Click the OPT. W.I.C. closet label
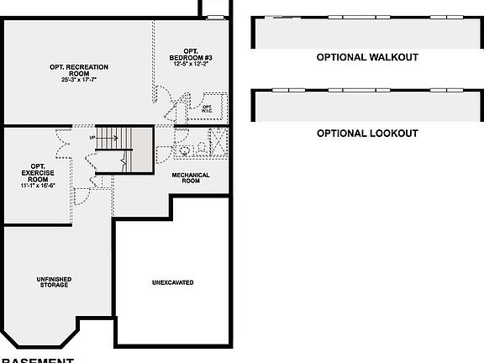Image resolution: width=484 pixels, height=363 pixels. click(x=207, y=109)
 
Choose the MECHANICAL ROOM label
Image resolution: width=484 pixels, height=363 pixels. click(x=191, y=178)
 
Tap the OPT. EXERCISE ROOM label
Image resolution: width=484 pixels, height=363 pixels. click(x=38, y=172)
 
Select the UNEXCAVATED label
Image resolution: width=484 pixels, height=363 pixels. click(x=172, y=282)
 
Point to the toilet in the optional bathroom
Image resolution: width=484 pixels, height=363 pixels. click(x=185, y=151)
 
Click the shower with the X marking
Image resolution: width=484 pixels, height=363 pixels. click(x=216, y=141)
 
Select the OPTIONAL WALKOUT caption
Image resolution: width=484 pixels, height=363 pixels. click(x=367, y=57)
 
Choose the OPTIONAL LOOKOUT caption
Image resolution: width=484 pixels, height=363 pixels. click(x=367, y=133)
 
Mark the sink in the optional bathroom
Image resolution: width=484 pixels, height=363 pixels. click(x=202, y=147)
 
